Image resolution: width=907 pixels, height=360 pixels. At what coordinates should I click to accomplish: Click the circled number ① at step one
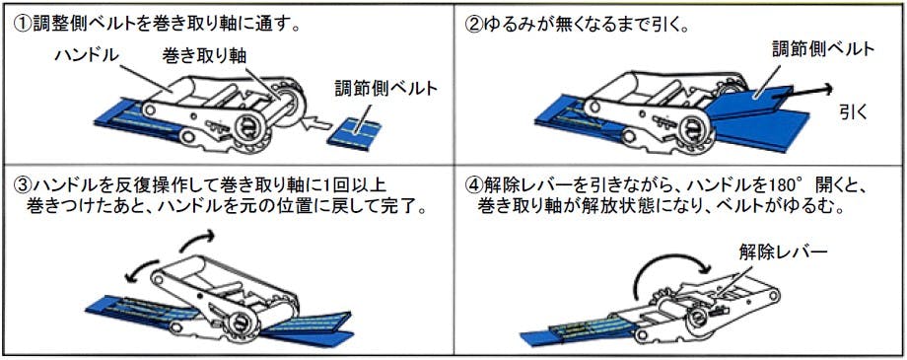coord(21,25)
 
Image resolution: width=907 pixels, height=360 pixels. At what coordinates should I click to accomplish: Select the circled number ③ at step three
coord(21,185)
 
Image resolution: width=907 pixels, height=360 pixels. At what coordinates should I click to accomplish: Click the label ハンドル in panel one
coord(88,56)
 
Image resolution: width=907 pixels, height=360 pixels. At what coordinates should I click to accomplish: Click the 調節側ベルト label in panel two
coord(823,49)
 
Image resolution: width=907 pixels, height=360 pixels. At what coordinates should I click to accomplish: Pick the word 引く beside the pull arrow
coord(854,111)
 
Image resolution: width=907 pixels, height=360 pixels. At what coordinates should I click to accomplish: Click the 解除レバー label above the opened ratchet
coord(783,252)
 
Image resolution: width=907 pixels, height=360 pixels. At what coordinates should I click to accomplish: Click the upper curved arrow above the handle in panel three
coord(197,241)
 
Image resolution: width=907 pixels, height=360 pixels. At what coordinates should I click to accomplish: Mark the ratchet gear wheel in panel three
coord(239,327)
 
